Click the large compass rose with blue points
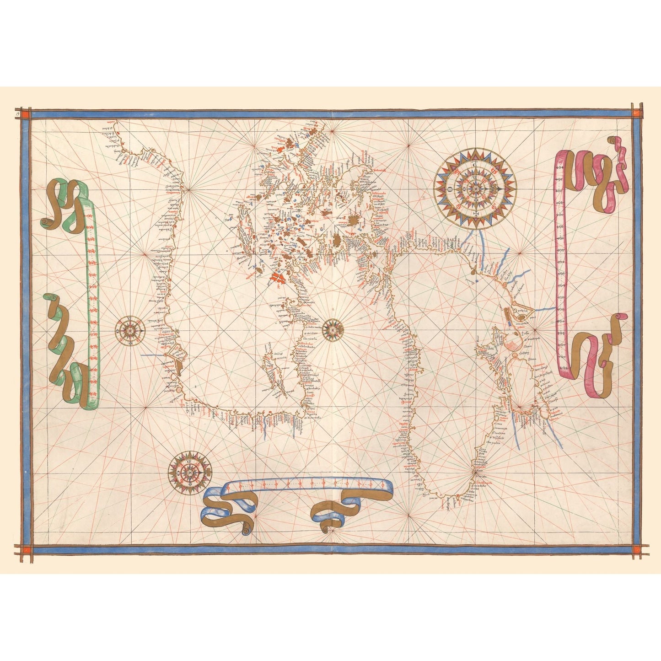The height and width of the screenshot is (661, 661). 476,188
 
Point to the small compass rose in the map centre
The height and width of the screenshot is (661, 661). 333,328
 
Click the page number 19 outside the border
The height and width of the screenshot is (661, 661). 17,112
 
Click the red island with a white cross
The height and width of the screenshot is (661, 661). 277,277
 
